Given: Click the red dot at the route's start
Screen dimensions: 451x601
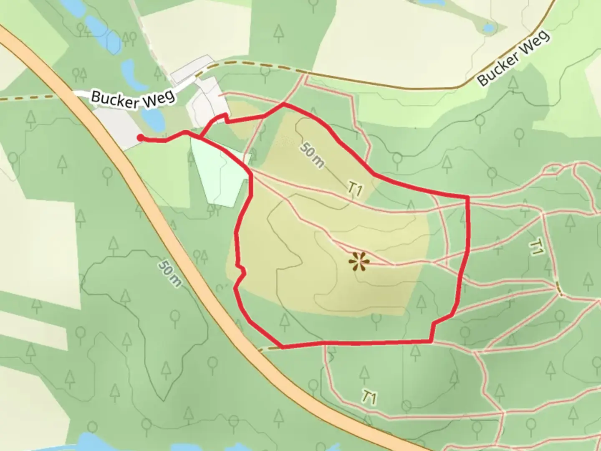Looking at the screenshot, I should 140,137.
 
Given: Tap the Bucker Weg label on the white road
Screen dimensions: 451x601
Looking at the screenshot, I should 133,99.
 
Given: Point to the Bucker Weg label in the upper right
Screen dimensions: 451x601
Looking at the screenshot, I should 514,58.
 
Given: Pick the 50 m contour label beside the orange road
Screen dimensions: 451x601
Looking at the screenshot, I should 170,274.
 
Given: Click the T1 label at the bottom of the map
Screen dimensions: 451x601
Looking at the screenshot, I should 369,397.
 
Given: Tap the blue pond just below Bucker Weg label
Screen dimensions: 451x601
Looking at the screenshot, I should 153,119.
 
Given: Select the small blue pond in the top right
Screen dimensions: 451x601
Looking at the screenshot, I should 488,28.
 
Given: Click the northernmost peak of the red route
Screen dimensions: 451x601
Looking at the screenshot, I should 284,104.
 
